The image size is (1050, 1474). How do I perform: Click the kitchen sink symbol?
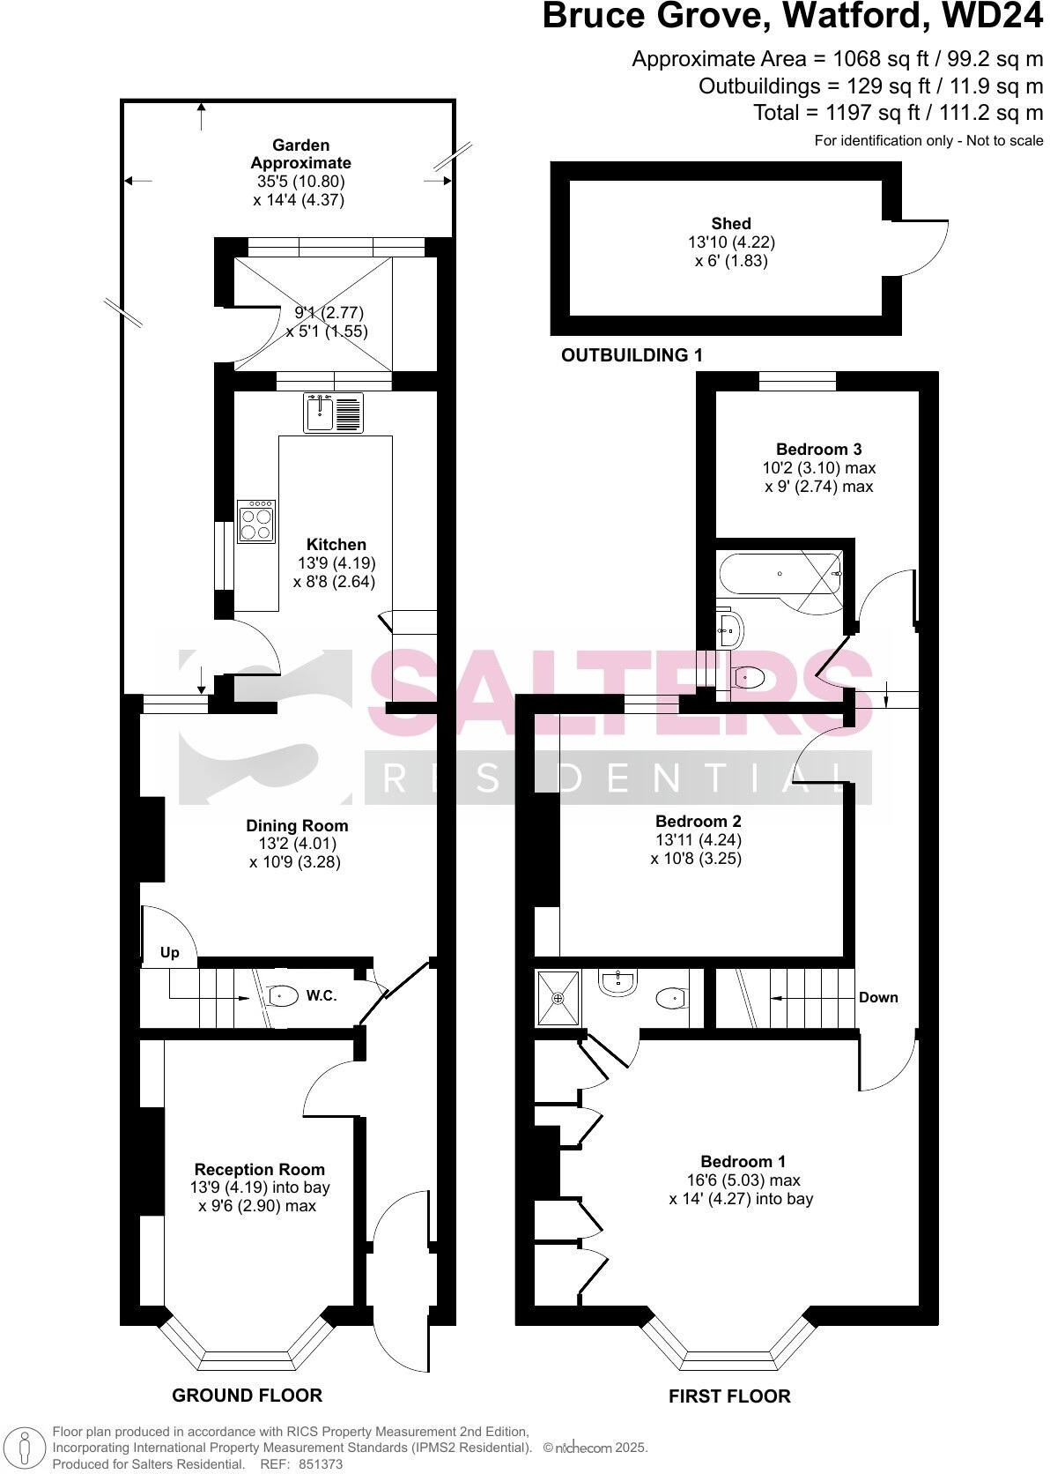click(x=333, y=413)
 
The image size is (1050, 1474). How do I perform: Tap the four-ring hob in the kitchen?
click(x=256, y=521)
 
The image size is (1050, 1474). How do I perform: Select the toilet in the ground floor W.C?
click(x=283, y=996)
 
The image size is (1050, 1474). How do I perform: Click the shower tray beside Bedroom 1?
click(x=558, y=998)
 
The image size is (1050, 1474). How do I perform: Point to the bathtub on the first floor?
click(x=780, y=573)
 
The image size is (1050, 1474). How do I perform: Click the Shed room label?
click(x=731, y=224)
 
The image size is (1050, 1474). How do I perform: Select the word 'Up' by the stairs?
click(x=170, y=952)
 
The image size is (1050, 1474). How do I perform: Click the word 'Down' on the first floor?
click(x=878, y=997)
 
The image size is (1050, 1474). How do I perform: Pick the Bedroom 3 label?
click(x=818, y=448)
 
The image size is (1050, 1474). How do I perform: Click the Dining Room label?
click(x=297, y=826)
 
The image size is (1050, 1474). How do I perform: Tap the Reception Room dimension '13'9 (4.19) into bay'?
click(x=260, y=1187)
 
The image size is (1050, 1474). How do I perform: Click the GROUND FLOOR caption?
click(x=247, y=1395)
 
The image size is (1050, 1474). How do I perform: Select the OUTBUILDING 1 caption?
click(x=632, y=355)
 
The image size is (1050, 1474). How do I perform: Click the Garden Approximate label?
click(x=300, y=153)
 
